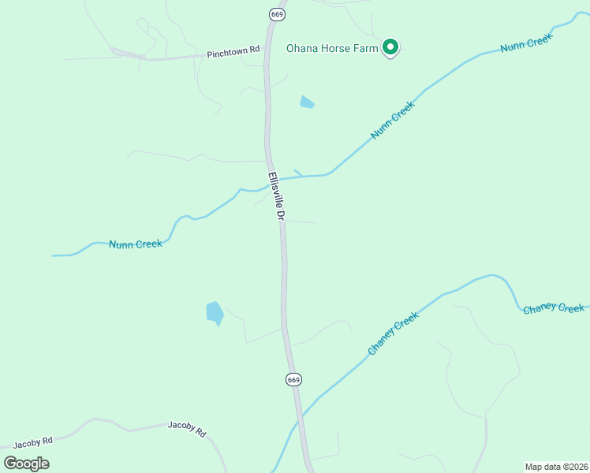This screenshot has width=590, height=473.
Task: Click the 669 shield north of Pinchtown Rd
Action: coord(277,14)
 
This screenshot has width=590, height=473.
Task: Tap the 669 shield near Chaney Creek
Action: coord(293,379)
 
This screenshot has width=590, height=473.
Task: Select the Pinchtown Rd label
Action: coord(233,53)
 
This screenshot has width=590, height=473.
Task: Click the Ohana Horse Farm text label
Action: coord(332,49)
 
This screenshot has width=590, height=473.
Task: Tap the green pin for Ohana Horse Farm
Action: coord(390,47)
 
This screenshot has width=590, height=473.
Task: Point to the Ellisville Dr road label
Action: coord(275,196)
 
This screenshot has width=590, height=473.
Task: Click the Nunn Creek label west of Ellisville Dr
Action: coord(136,244)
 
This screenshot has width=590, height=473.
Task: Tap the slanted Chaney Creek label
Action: coord(393,333)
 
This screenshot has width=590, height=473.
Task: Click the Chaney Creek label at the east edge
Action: coord(554,308)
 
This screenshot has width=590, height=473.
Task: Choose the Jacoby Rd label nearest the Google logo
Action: coord(33,441)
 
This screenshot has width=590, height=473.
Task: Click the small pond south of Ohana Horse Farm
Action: coord(307,102)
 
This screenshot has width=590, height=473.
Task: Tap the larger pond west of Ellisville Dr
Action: coord(215,313)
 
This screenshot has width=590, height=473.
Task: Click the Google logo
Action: coord(27,463)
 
